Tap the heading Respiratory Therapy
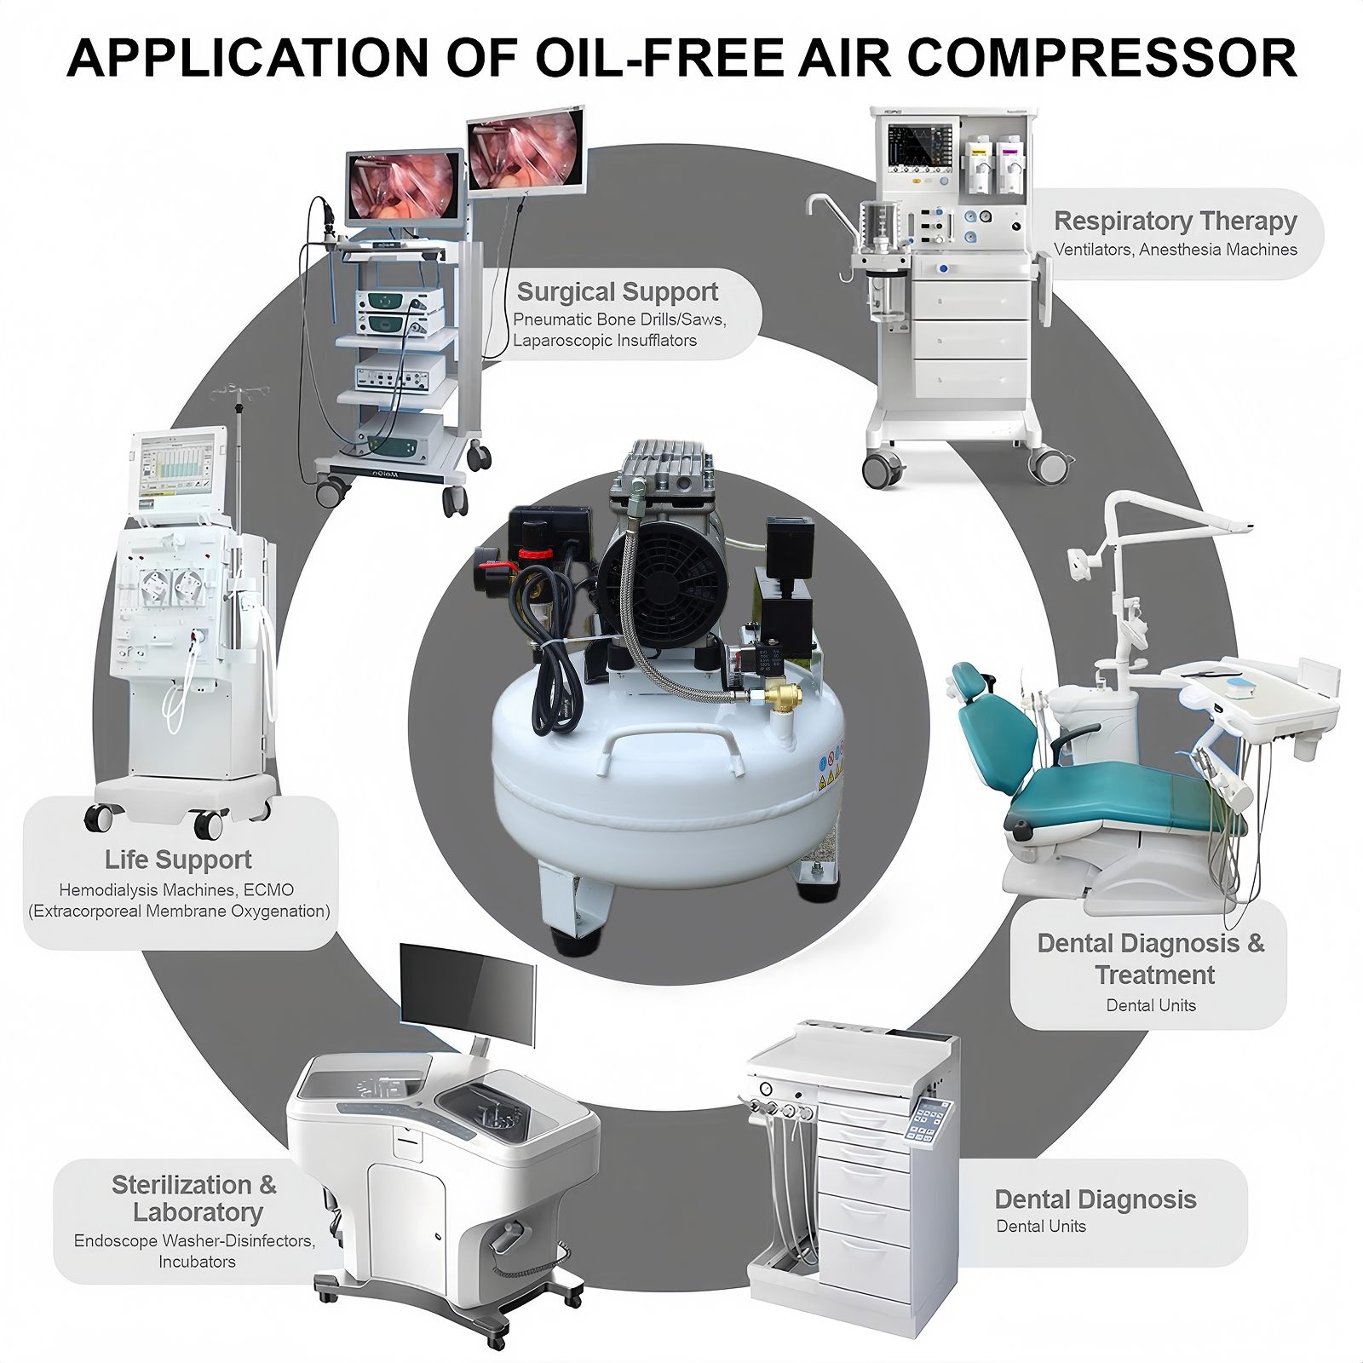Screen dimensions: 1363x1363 pyautogui.click(x=1175, y=221)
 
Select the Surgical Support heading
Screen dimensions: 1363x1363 pyautogui.click(x=617, y=292)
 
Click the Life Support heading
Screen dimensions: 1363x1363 pyautogui.click(x=178, y=860)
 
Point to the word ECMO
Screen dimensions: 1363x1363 pyautogui.click(x=267, y=890)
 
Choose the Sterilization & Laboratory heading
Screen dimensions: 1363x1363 pyautogui.click(x=195, y=1198)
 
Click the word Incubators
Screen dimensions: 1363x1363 pyautogui.click(x=197, y=1262)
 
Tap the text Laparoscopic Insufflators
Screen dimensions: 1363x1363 pyautogui.click(x=605, y=341)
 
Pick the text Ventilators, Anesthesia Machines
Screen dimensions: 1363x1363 pyautogui.click(x=1175, y=250)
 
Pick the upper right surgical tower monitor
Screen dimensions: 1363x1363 pyautogui.click(x=526, y=152)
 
